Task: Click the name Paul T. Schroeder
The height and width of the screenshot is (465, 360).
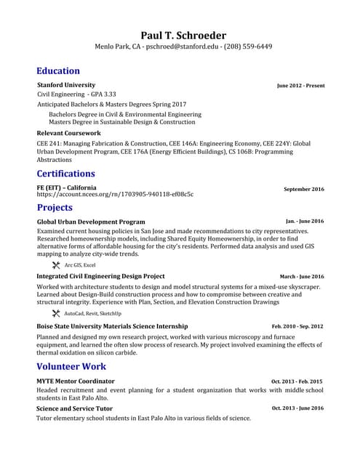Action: click(183, 35)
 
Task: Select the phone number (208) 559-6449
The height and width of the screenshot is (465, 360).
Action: click(249, 46)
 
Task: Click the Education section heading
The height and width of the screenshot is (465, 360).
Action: click(58, 70)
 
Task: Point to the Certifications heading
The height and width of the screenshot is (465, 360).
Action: click(65, 174)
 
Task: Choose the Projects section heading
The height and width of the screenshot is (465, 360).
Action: click(55, 208)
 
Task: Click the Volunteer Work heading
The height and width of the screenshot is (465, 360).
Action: click(71, 366)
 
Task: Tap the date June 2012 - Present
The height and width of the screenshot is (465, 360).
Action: click(300, 86)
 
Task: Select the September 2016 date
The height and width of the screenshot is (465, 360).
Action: click(303, 189)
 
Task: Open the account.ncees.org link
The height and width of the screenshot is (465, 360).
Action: click(115, 195)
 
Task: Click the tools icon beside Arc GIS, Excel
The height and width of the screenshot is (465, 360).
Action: click(56, 265)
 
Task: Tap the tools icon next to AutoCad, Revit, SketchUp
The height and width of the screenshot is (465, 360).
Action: click(56, 313)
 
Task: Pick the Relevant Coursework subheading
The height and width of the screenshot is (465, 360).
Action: click(68, 134)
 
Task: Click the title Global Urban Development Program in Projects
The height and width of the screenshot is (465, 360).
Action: click(91, 221)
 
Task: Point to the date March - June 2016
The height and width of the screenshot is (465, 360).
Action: click(302, 277)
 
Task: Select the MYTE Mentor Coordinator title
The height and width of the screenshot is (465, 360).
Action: click(76, 381)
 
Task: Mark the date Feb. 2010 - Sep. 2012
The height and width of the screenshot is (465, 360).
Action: click(297, 327)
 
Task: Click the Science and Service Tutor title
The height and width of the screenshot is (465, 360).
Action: click(75, 408)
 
